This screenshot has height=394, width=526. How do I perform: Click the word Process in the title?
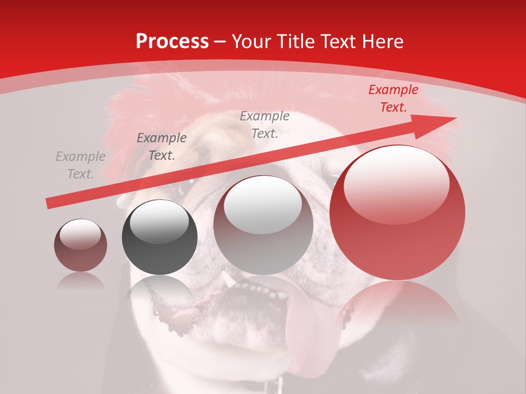172,42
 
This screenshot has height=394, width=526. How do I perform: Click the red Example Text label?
393,99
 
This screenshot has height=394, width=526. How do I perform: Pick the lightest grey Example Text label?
81,165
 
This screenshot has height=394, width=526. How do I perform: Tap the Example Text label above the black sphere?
162,147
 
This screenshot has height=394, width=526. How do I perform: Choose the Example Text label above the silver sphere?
265,124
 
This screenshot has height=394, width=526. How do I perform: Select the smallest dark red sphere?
81,245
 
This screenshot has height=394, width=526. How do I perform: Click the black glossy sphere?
159,237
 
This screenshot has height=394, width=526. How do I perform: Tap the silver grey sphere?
263,225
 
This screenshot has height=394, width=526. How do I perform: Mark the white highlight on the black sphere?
159,222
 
